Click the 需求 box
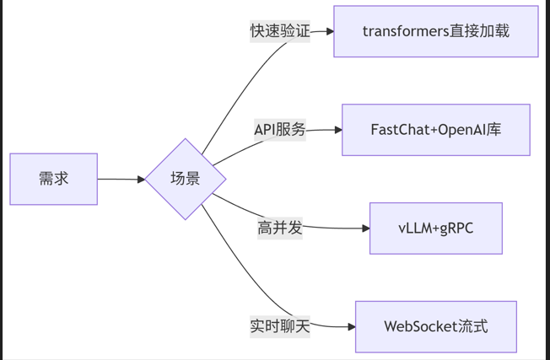click(53, 179)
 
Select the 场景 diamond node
click(186, 179)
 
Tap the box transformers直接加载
click(435, 31)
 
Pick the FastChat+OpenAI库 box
click(435, 130)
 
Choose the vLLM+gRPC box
click(435, 228)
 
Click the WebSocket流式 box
click(435, 326)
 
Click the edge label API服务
click(280, 130)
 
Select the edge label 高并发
click(280, 228)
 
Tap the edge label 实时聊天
click(280, 326)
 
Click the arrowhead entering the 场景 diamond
click(140, 179)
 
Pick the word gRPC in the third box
click(456, 228)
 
